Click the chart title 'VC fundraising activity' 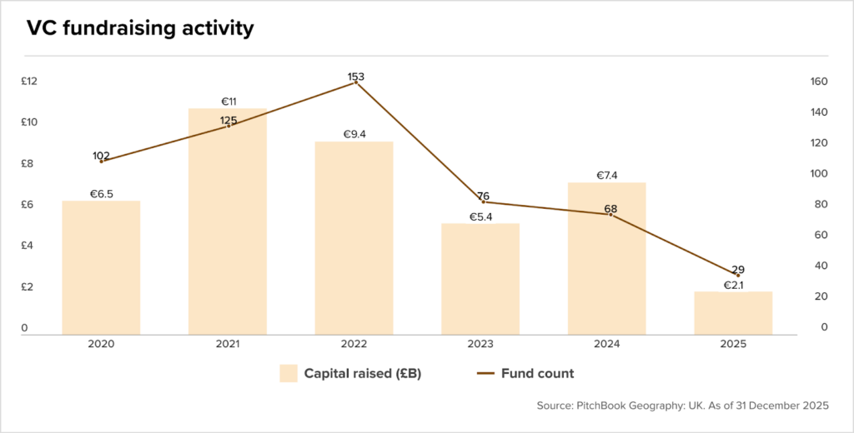point(140,29)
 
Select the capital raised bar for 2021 point(228,221)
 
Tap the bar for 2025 point(733,313)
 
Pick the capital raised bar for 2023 point(480,279)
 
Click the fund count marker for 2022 point(355,82)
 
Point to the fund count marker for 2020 point(101,161)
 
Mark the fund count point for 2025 point(738,276)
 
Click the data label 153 point(355,77)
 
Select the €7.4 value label point(607,175)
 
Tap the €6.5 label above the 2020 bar point(101,194)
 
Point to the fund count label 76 point(483,197)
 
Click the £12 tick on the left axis point(29,82)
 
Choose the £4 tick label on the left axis point(27,246)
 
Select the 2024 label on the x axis point(607,345)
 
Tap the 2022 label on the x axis point(354,345)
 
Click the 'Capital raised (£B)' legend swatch point(289,373)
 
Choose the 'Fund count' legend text point(538,374)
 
